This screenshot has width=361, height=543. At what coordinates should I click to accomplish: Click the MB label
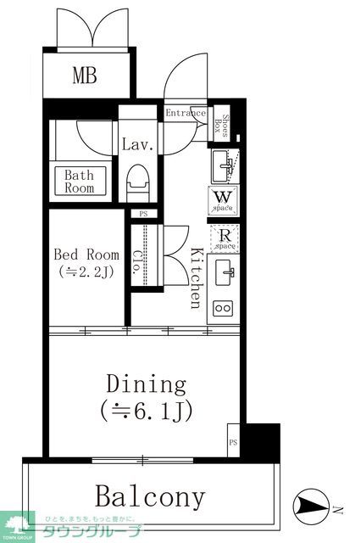click(x=84, y=76)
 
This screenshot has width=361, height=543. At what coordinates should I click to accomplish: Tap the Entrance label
click(x=185, y=114)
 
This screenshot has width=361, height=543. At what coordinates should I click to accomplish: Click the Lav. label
click(x=136, y=144)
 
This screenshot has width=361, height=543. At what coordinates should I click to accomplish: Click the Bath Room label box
click(x=80, y=182)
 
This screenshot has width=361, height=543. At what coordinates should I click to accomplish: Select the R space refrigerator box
click(x=224, y=239)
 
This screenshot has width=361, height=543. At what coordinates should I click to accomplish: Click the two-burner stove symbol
click(x=224, y=307)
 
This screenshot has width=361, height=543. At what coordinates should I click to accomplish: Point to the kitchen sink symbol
click(x=225, y=273)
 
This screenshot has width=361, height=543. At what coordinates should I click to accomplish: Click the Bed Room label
click(x=86, y=254)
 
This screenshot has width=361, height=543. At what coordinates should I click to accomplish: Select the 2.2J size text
click(x=86, y=271)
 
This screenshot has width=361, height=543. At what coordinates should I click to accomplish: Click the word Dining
click(x=146, y=384)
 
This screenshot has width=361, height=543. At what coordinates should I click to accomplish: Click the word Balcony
click(x=150, y=495)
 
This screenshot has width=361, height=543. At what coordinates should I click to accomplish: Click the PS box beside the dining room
click(x=233, y=442)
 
